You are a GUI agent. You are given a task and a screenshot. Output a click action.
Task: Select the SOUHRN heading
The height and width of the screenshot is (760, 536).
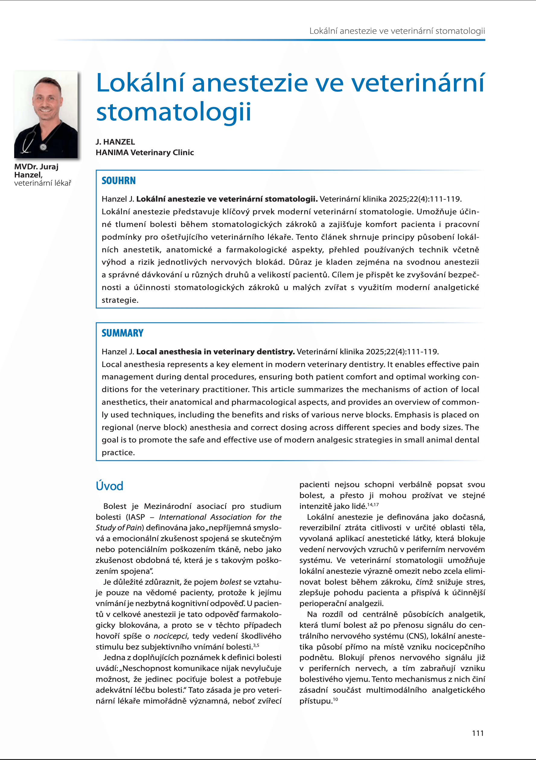pyautogui.click(x=119, y=181)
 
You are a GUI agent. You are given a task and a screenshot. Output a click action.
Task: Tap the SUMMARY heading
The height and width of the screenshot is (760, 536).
pyautogui.click(x=123, y=333)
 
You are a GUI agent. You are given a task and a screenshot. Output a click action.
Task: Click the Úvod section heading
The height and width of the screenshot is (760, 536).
pyautogui.click(x=109, y=486)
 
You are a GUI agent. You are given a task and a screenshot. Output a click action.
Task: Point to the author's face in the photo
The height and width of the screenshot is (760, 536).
pyautogui.click(x=46, y=99)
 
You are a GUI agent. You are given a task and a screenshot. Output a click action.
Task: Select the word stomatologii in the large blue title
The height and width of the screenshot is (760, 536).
pyautogui.click(x=174, y=112)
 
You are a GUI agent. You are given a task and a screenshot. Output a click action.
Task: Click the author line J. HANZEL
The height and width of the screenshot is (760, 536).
pyautogui.click(x=115, y=142)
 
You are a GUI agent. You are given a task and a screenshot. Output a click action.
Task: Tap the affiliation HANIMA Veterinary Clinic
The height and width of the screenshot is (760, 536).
pyautogui.click(x=145, y=153)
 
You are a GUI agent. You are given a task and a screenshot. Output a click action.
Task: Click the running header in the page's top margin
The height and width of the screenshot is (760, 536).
pyautogui.click(x=397, y=31)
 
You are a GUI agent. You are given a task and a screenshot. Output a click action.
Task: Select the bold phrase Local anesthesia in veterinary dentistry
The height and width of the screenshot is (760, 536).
pyautogui.click(x=215, y=352)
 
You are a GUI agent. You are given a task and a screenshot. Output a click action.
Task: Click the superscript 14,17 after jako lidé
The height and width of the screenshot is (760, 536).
pyautogui.click(x=373, y=504)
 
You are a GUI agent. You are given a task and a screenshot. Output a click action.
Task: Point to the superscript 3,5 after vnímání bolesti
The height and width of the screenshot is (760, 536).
pyautogui.click(x=256, y=645)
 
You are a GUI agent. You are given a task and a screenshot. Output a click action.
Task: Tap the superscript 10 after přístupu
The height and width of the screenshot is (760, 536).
pyautogui.click(x=335, y=699)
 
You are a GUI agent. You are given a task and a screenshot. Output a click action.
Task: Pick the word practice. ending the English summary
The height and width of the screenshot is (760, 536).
pyautogui.click(x=118, y=452)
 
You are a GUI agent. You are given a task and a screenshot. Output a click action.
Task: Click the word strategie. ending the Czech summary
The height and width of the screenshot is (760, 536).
pyautogui.click(x=120, y=300)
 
